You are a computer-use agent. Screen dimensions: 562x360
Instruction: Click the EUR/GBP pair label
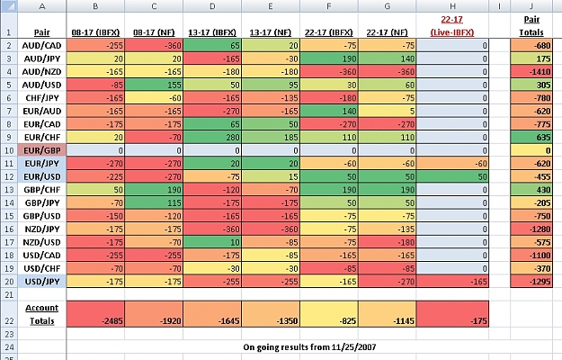tap(41, 150)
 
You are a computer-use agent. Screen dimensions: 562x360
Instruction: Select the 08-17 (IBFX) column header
tap(95, 32)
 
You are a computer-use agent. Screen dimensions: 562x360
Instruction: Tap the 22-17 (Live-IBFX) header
tap(452, 26)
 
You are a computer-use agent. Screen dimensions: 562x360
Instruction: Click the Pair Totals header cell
tap(531, 26)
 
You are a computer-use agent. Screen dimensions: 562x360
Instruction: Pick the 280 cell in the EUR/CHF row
tap(212, 138)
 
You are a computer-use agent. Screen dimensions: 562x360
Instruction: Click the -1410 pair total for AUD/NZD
tap(531, 72)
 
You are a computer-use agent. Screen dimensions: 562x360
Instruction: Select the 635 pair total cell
tap(531, 138)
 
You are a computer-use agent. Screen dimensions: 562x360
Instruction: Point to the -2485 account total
tap(95, 314)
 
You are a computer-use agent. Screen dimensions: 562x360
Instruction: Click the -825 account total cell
tap(329, 314)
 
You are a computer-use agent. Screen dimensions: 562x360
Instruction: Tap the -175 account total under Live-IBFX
tap(452, 314)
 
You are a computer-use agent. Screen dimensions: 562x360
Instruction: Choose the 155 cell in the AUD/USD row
tap(154, 85)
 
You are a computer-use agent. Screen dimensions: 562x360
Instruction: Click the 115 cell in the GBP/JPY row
tap(154, 202)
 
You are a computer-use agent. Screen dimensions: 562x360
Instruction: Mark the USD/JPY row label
tap(41, 282)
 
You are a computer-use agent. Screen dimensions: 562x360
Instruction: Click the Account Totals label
tap(41, 314)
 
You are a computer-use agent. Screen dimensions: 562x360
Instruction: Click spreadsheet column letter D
tap(212, 6)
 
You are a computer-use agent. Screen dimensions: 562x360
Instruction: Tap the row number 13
tap(9, 190)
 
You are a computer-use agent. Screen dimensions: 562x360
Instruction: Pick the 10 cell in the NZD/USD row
tap(212, 242)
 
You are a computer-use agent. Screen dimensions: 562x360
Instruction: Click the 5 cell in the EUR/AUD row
tap(387, 112)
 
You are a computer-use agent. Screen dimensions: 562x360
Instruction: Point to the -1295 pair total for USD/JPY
tap(531, 282)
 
